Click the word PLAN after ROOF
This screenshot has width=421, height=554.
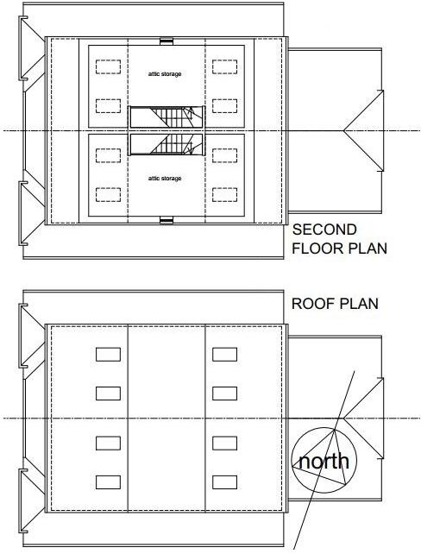point(361,305)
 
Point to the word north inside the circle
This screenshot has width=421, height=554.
point(324,461)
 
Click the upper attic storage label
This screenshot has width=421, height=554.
point(165,74)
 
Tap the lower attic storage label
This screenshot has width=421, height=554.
point(165,179)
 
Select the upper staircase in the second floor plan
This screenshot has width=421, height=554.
point(166,117)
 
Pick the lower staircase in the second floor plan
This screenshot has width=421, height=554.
point(166,143)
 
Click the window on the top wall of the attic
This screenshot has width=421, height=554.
point(167,40)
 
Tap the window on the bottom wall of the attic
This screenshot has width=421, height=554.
point(167,222)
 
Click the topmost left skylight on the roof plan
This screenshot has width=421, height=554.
point(108,354)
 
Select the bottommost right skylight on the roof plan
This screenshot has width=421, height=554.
point(224,482)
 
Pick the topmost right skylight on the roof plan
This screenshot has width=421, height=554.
point(224,354)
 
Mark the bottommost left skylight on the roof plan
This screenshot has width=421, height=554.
point(108,482)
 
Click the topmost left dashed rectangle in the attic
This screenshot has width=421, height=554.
point(108,66)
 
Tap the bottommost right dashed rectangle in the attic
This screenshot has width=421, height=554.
point(225,194)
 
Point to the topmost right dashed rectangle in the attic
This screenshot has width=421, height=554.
point(225,66)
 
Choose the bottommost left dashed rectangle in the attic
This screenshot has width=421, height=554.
point(108,194)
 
